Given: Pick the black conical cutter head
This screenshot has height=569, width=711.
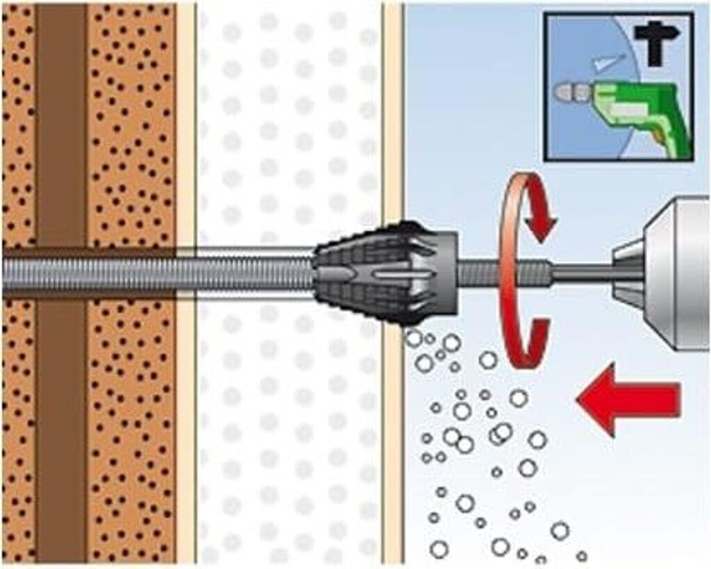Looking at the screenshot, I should [x=368, y=274].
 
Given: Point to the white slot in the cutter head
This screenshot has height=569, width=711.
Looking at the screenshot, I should [x=396, y=275].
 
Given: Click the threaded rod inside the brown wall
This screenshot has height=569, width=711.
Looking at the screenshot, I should [x=90, y=273].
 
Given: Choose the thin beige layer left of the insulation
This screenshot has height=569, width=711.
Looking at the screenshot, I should [x=185, y=139].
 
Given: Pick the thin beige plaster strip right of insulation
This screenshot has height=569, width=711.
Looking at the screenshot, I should [x=393, y=139].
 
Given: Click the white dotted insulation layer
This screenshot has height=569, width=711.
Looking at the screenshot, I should [x=288, y=139].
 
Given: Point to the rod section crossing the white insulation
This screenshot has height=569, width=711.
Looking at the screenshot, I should [x=257, y=273].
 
